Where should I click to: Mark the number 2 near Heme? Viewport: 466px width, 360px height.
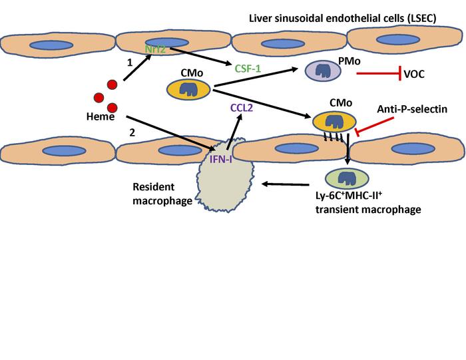132,133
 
